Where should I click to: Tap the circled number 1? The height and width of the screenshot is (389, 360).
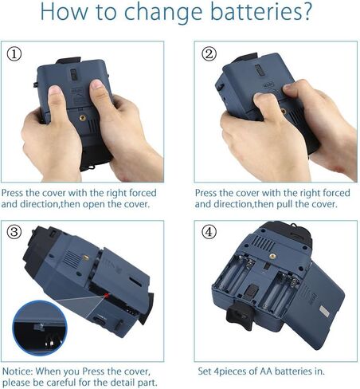coord(14,54)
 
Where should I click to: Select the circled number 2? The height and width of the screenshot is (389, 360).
coord(209,54)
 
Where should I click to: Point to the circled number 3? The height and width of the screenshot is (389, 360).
coord(14,232)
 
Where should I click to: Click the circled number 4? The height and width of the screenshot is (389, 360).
coord(209,232)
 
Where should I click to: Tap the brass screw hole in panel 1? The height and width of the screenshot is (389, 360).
coord(83,118)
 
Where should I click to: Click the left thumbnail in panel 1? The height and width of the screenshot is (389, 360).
coord(54,89)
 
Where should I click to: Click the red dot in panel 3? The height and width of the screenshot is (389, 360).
coord(107,296)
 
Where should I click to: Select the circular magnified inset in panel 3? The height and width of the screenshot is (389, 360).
coord(40,328)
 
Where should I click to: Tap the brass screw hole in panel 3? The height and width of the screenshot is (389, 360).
coord(85,257)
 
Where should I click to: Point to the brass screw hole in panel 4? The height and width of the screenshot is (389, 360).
coord(272,257)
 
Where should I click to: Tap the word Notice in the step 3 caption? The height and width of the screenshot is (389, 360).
coord(18,371)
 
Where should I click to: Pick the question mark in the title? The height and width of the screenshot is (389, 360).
coord(307,11)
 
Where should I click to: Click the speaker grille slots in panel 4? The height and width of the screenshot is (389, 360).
coord(263,243)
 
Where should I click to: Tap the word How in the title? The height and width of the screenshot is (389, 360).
coord(64,12)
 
